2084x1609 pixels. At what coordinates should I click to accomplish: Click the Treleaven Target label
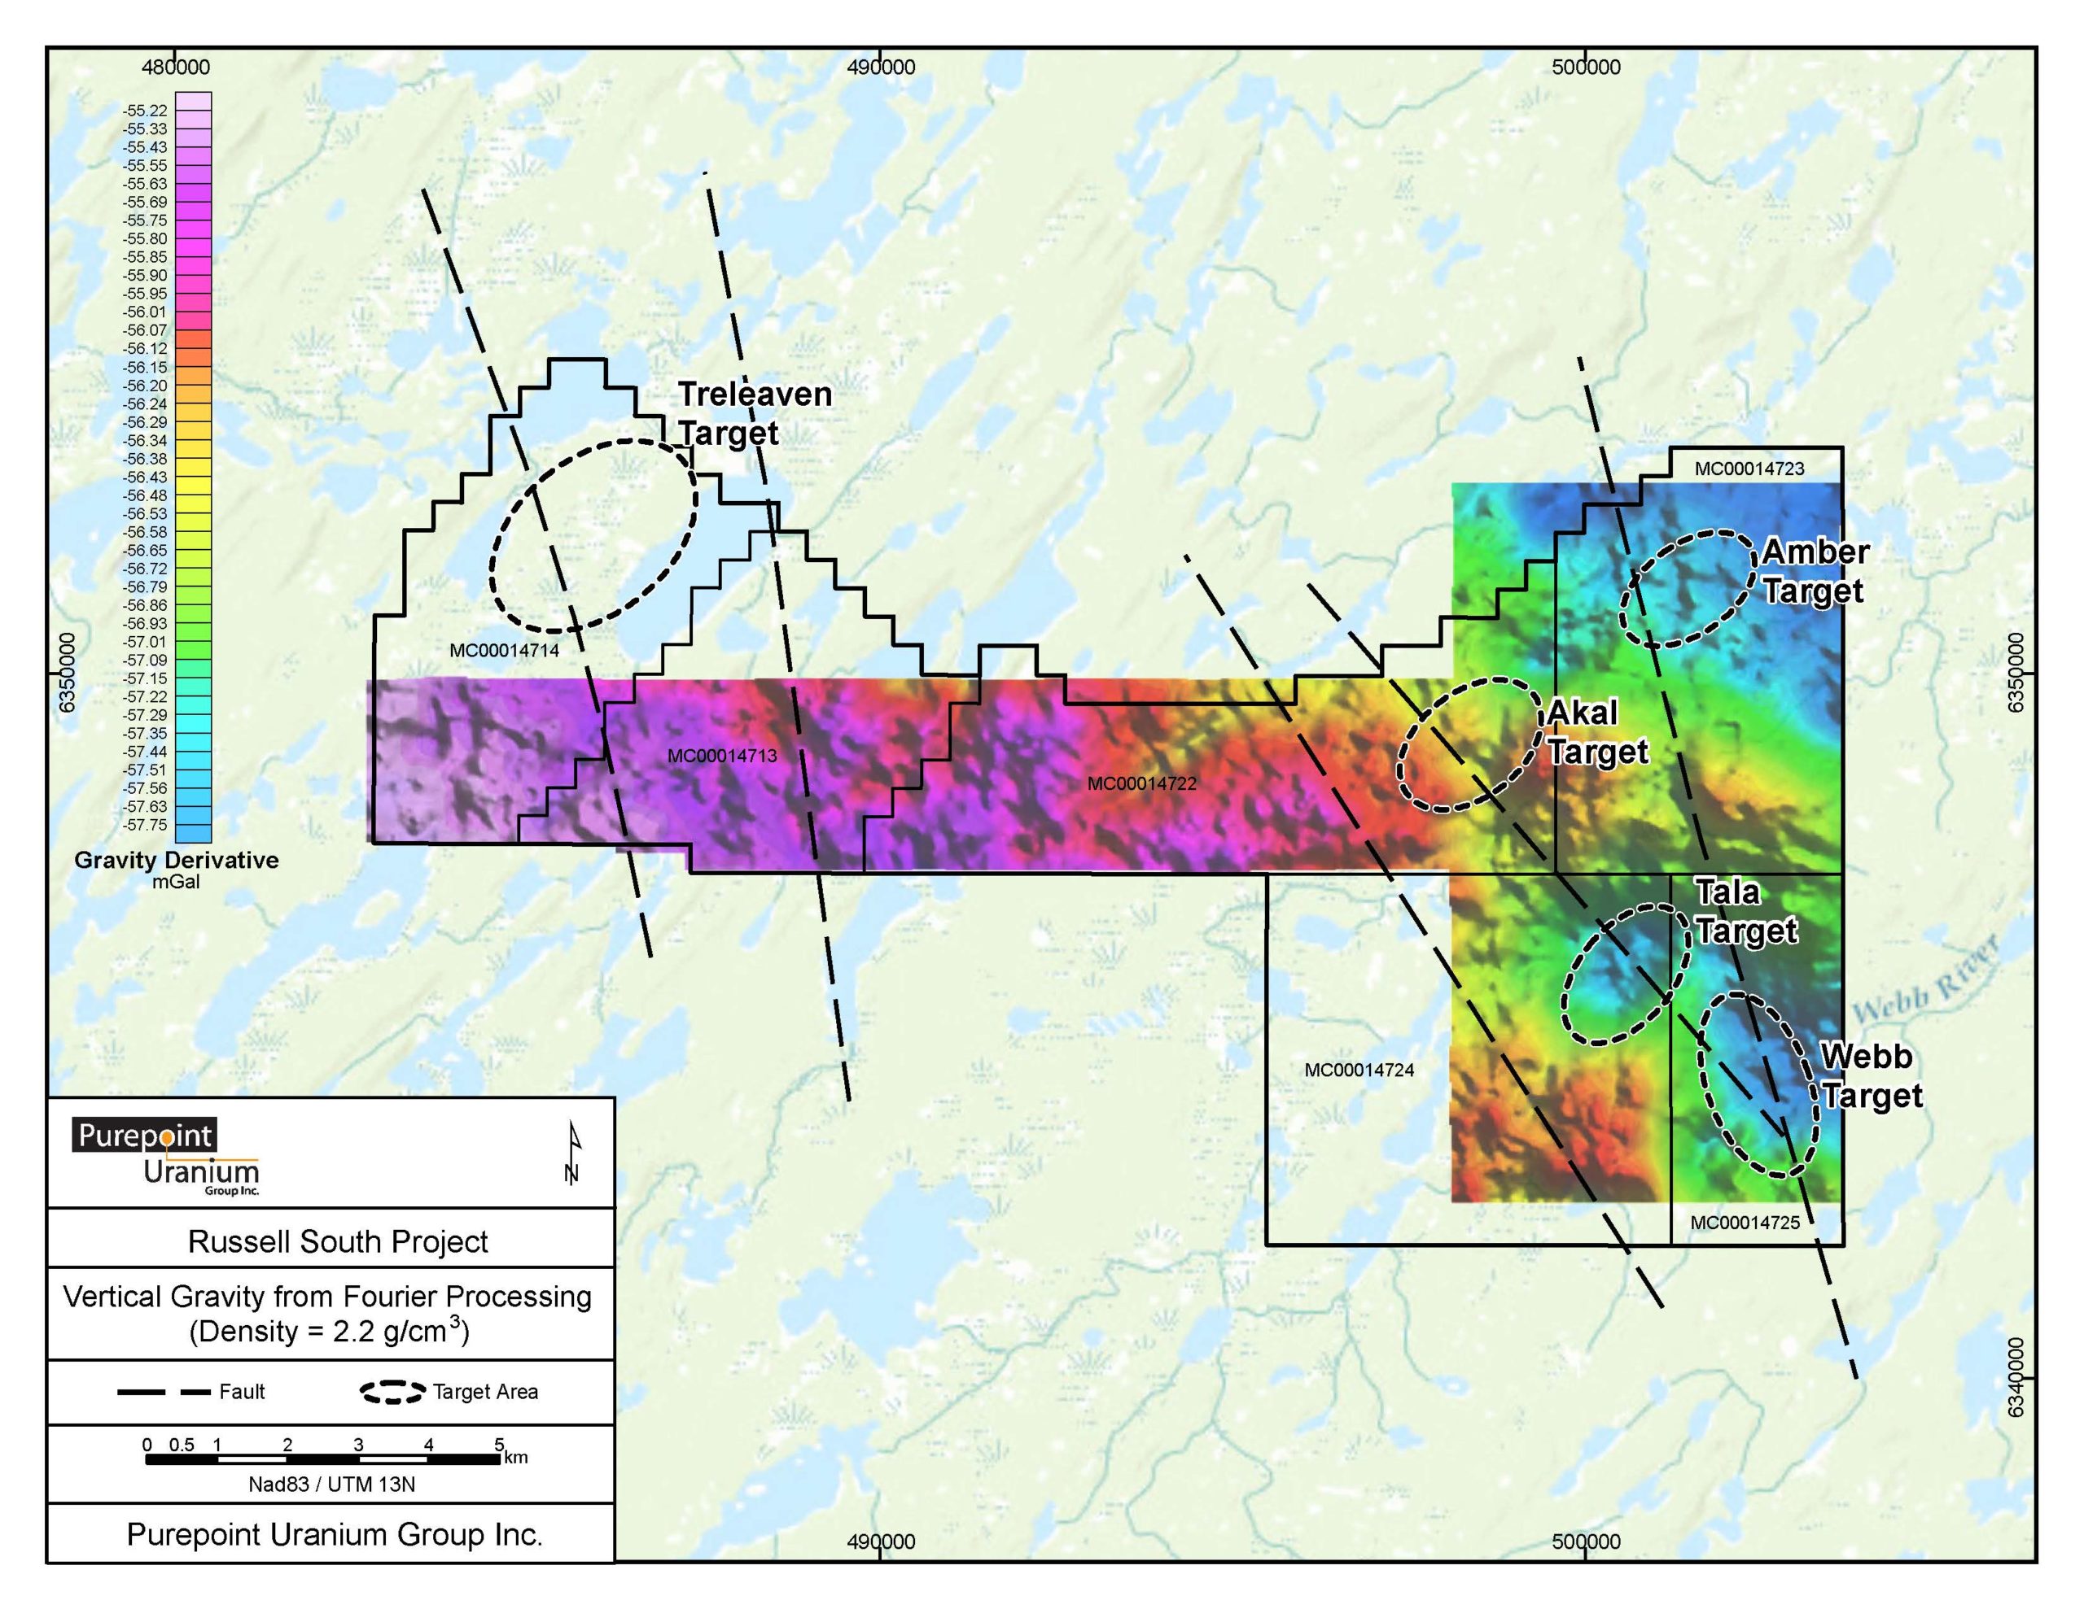click(x=754, y=413)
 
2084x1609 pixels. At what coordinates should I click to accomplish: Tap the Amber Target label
click(x=1814, y=570)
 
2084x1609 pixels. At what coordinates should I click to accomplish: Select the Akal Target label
click(x=1596, y=731)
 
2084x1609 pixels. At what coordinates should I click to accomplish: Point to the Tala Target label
click(x=1745, y=911)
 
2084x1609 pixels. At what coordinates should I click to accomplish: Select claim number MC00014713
click(x=721, y=757)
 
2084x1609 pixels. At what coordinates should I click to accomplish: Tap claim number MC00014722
click(x=1141, y=784)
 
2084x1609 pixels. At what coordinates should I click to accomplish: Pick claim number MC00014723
click(x=1749, y=469)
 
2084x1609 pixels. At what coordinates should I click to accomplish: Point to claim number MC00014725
click(x=1745, y=1223)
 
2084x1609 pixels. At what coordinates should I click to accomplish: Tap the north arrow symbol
click(x=572, y=1153)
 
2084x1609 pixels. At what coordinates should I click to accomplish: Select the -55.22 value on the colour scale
click(x=144, y=111)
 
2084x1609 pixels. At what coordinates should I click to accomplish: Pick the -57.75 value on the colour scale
click(x=144, y=825)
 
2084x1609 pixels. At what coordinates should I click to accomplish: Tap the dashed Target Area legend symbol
click(x=392, y=1393)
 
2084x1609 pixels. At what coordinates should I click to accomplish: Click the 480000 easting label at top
click(x=176, y=68)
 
